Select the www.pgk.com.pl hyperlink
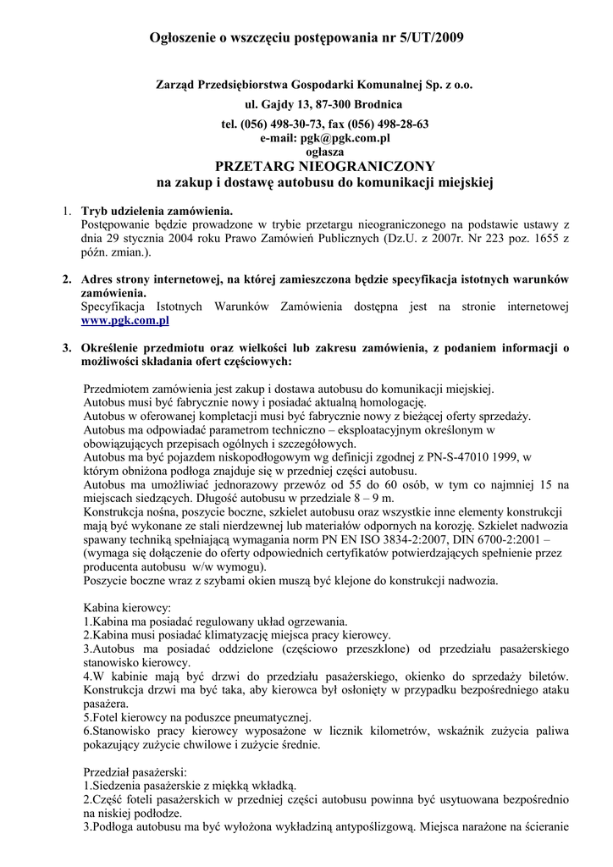coord(125,322)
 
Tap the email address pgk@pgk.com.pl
coord(324,137)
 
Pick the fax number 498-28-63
coord(404,124)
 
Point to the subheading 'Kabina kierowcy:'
coord(127,608)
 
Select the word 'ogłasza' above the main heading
coord(324,151)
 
